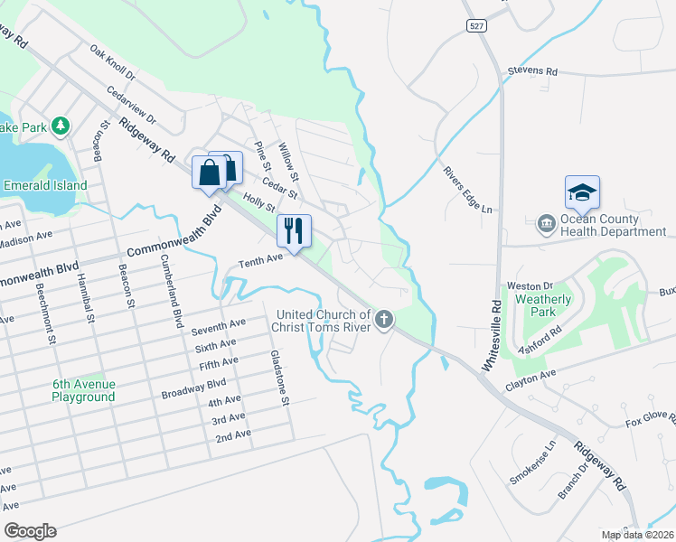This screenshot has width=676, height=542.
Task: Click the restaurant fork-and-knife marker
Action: pyautogui.click(x=293, y=230)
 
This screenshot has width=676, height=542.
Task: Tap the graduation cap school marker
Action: pyautogui.click(x=581, y=192)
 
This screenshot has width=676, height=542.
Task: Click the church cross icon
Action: pyautogui.click(x=384, y=320)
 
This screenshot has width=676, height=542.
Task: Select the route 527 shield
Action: pyautogui.click(x=478, y=27)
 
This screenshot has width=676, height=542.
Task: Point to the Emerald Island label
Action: pyautogui.click(x=44, y=185)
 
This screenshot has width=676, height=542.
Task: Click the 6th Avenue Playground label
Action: pyautogui.click(x=83, y=390)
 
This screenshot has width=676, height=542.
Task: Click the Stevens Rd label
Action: pyautogui.click(x=533, y=70)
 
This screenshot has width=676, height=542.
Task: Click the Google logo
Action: pyautogui.click(x=30, y=531)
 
